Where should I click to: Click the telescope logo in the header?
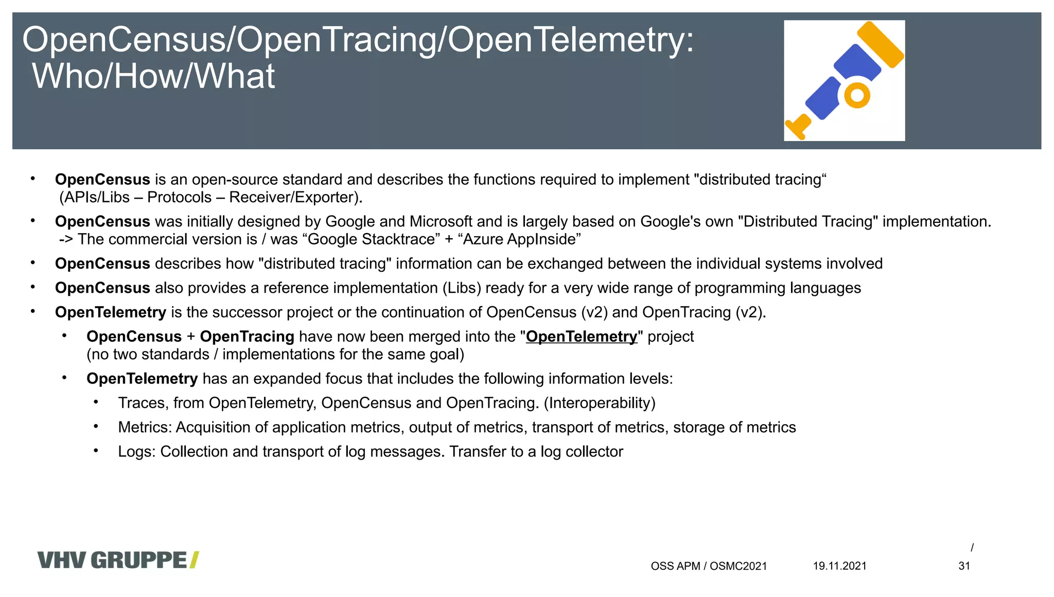tap(844, 80)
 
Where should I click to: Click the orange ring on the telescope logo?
tap(857, 95)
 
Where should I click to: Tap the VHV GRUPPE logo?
tap(118, 560)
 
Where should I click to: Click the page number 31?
tap(964, 566)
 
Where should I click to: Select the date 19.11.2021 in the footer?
tap(839, 566)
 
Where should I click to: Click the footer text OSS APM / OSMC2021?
tap(709, 566)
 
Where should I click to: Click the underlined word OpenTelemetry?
tap(581, 337)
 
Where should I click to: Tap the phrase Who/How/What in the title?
tap(153, 76)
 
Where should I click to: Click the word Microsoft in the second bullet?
tap(441, 222)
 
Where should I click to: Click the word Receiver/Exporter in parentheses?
tap(291, 198)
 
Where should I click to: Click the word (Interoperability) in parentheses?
tap(600, 403)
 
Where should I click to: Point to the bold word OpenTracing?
tap(247, 337)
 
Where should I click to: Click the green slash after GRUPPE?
tap(194, 560)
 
